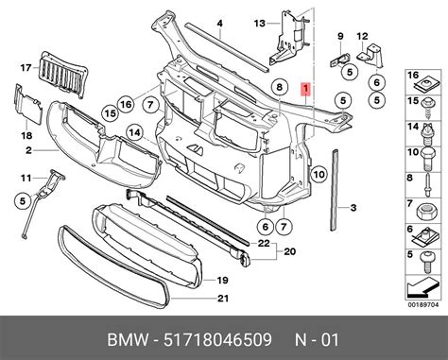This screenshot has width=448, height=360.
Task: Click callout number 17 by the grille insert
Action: [25, 66]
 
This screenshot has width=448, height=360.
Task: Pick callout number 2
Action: [28, 150]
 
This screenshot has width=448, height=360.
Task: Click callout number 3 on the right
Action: [353, 208]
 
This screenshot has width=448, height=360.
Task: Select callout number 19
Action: [221, 281]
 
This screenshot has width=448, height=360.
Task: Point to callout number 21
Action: [221, 300]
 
